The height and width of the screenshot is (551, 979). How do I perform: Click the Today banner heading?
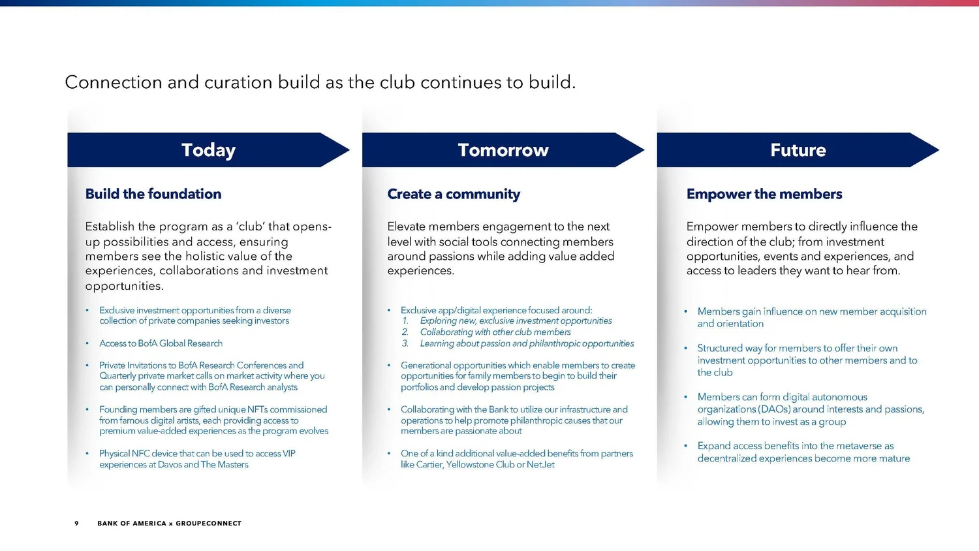208,150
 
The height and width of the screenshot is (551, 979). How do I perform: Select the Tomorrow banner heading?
503,150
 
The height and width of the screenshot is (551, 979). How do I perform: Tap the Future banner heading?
798,150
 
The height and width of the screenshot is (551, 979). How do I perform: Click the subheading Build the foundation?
153,194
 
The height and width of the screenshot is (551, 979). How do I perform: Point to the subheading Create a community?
454,194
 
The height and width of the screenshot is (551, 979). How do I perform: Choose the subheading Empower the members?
764,194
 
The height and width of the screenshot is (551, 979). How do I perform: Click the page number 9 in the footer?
76,524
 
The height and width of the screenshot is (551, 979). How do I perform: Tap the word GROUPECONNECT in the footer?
208,524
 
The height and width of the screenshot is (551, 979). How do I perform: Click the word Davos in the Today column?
169,465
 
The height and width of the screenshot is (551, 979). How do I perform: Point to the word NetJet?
540,465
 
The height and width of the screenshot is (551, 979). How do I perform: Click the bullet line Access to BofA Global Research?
161,343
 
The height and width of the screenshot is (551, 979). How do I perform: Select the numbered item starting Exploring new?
516,321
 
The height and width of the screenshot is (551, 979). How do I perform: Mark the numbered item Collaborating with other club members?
495,332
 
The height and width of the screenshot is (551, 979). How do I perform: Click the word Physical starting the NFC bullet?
114,454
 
